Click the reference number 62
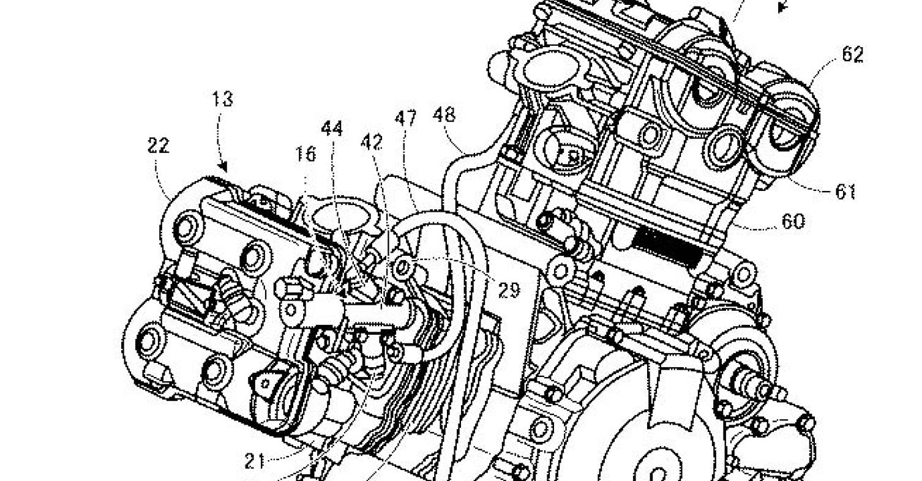coord(852,54)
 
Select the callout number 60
coord(793,222)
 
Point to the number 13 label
coord(223,99)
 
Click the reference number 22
coord(159,145)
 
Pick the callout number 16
coord(305,154)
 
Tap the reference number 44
coord(332,129)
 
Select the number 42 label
coord(372,143)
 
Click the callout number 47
coord(405,119)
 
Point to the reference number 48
coord(444,115)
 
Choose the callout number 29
coord(509,291)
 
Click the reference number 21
coord(255,461)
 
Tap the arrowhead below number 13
coord(223,166)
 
